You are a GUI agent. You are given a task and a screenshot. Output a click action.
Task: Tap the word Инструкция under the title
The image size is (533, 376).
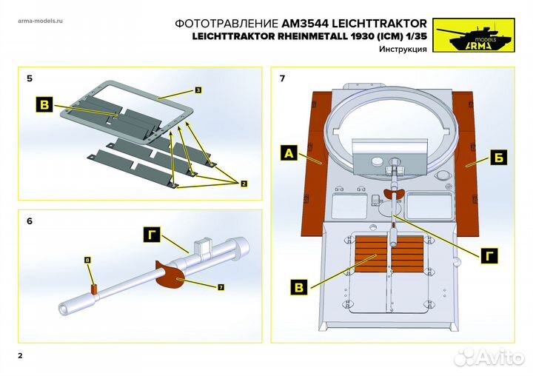tap(403, 49)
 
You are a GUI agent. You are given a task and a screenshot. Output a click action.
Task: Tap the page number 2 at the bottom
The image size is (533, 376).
tap(21, 356)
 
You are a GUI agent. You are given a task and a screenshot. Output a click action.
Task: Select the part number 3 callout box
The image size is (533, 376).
tap(199, 90)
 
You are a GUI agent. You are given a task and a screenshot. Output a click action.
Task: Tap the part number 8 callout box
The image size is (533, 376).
tap(87, 261)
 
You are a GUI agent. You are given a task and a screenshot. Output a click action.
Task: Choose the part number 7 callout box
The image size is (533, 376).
tap(221, 286)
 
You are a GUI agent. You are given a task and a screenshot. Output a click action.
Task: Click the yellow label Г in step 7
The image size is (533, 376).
tap(488, 255)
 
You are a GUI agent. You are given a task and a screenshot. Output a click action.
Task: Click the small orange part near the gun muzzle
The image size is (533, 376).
tap(94, 289)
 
